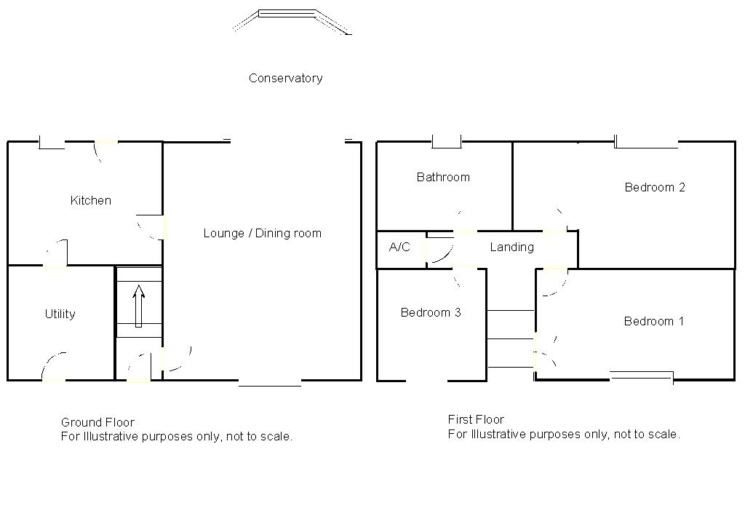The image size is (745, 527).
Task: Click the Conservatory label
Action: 285,78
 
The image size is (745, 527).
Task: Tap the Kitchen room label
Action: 91,200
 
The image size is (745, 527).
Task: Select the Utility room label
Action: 60,314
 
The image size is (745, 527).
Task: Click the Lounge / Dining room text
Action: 262,233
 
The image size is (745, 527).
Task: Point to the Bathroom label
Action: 443,177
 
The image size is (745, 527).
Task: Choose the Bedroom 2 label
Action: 655,187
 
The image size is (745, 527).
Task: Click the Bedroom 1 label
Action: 653,321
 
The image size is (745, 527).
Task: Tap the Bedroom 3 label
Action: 431,312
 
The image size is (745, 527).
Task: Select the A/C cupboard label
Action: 399,247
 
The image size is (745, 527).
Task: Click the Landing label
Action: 511,247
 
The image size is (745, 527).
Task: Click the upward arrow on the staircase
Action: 138,306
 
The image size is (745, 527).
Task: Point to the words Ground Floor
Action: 97,422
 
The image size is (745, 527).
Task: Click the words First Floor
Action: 476,419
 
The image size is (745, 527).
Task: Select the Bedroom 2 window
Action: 646,144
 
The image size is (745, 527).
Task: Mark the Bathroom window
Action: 447,143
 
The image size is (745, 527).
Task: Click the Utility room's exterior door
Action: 53,368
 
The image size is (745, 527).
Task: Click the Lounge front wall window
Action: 269,382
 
